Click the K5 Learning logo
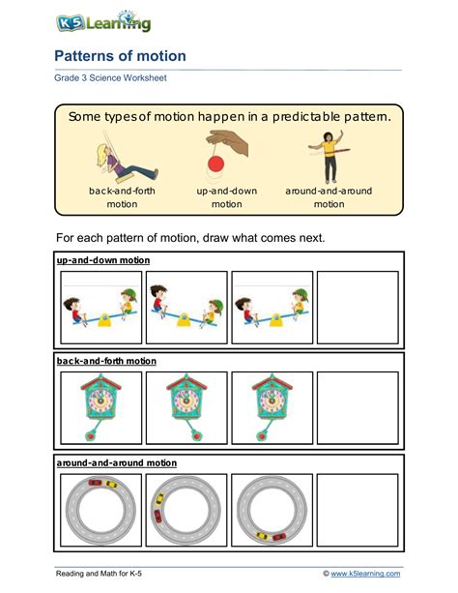[x=103, y=22]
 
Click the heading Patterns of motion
[x=120, y=56]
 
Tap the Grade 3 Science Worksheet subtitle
[x=110, y=78]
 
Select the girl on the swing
[x=126, y=159]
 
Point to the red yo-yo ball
[x=215, y=164]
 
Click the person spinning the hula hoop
[x=329, y=157]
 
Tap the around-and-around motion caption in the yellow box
[x=329, y=197]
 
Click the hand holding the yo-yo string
[x=227, y=142]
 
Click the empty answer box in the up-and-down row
[x=358, y=307]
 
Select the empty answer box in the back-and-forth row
[x=358, y=407]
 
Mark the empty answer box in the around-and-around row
[x=358, y=510]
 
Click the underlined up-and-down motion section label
[x=103, y=260]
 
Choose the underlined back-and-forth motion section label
[x=106, y=361]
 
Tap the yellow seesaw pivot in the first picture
[x=104, y=320]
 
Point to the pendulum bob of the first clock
[x=90, y=436]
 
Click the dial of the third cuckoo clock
[x=272, y=400]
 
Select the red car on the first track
[x=95, y=482]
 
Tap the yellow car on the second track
[x=159, y=499]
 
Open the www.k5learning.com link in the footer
[x=365, y=574]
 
